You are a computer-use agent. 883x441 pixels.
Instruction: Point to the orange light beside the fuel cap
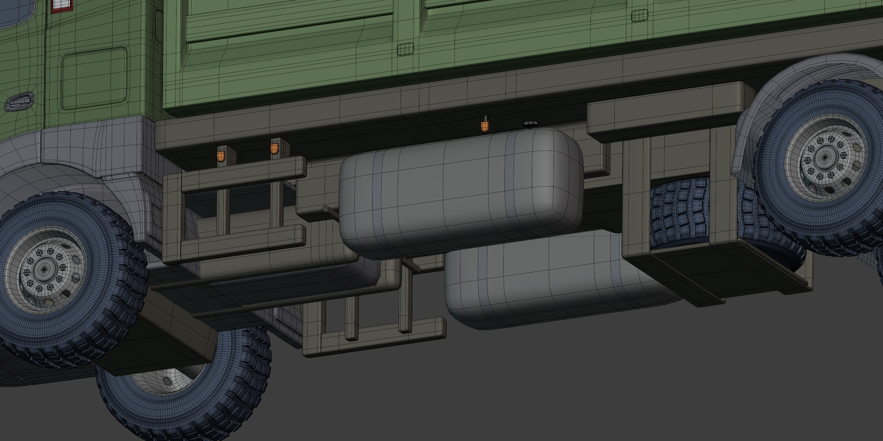(484, 125)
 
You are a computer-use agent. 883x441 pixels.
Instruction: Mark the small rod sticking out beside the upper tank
(330, 210)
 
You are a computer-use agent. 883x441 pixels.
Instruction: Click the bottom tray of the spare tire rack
(717, 276)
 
